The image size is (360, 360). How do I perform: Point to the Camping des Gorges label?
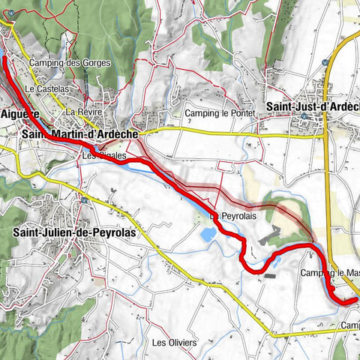click(x=70, y=63)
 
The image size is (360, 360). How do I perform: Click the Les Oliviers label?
click(x=174, y=343)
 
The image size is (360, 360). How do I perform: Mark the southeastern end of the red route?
click(x=355, y=301)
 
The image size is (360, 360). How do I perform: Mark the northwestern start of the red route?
click(x=5, y=57)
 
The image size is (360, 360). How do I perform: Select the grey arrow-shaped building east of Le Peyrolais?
click(x=268, y=238)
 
